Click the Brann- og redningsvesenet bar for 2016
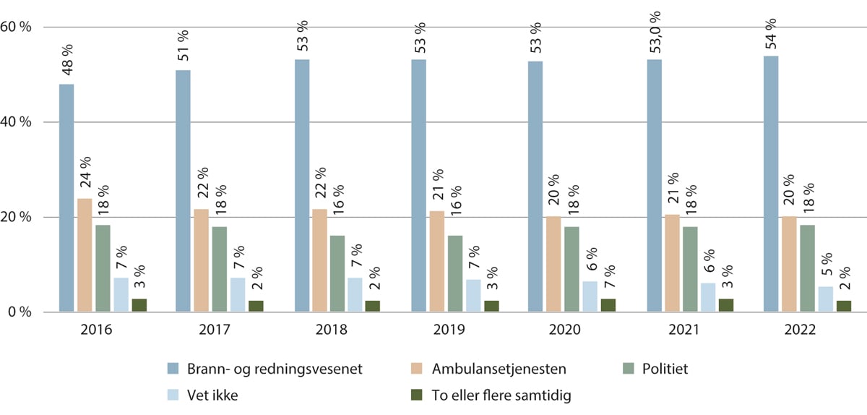click(x=66, y=198)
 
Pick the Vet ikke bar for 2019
click(x=473, y=296)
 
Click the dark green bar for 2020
click(x=608, y=305)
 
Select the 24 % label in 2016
click(x=85, y=175)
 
